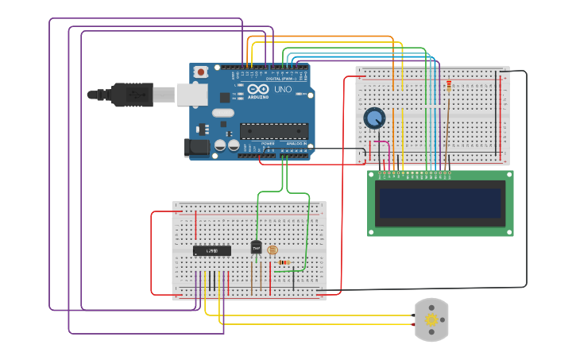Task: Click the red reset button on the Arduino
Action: [201, 72]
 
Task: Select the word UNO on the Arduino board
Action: [283, 90]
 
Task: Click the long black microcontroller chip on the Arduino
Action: [273, 130]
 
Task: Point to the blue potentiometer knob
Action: [373, 119]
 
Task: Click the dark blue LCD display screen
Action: [441, 203]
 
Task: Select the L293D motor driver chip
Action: [212, 250]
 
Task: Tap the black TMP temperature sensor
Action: [256, 248]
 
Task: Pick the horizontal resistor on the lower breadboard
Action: [284, 262]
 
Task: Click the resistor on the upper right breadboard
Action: [449, 87]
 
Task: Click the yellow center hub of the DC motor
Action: [431, 320]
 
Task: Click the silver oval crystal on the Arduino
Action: [223, 113]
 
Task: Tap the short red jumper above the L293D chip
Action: [195, 225]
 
